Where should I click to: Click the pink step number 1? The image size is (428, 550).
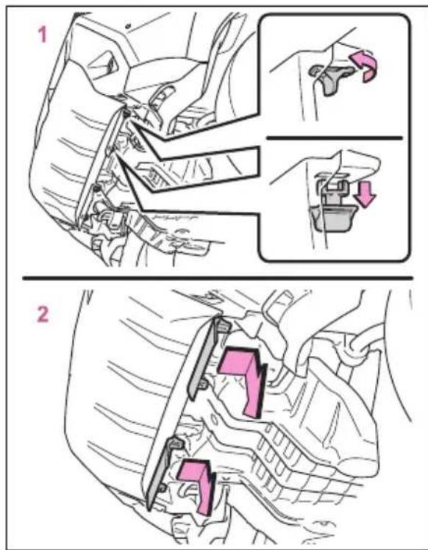click(43, 35)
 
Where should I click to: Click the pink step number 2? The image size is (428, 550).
click(43, 315)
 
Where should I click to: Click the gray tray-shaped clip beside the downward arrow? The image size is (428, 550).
click(333, 218)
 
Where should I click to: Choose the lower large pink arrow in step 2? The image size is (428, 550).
click(199, 486)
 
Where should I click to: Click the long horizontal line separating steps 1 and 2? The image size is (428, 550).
click(218, 278)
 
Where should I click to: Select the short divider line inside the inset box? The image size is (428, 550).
click(335, 137)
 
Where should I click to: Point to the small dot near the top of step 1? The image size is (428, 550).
click(129, 26)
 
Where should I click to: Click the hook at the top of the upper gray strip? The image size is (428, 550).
click(223, 324)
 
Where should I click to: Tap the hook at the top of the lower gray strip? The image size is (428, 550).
click(176, 443)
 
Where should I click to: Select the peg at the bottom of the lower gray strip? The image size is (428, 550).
click(162, 488)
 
